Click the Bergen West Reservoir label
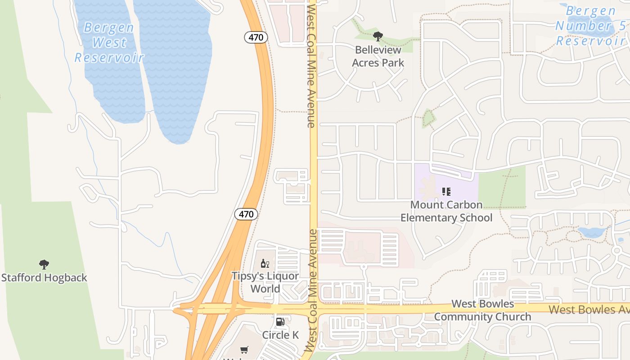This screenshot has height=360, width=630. (x=109, y=43)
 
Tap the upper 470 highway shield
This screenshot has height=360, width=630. (x=256, y=37)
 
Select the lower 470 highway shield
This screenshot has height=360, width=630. (x=246, y=214)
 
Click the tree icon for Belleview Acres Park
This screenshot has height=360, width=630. (x=378, y=36)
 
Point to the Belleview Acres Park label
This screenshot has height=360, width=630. (x=378, y=56)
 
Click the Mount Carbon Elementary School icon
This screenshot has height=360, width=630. (x=446, y=192)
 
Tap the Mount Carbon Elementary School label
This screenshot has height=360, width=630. (x=446, y=211)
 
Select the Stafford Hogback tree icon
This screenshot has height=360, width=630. (x=44, y=264)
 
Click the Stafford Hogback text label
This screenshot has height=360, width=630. (x=44, y=278)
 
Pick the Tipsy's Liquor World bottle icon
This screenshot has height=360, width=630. (x=265, y=263)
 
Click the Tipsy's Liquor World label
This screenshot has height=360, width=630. (x=265, y=282)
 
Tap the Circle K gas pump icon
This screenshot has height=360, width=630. (x=280, y=322)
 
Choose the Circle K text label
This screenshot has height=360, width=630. (x=280, y=335)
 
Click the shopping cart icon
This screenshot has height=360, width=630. (x=244, y=350)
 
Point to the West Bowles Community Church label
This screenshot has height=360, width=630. (x=482, y=310)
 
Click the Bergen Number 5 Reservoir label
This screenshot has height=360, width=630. (x=590, y=26)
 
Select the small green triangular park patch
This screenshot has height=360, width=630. (x=428, y=118)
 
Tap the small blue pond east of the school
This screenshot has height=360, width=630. (x=592, y=233)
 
